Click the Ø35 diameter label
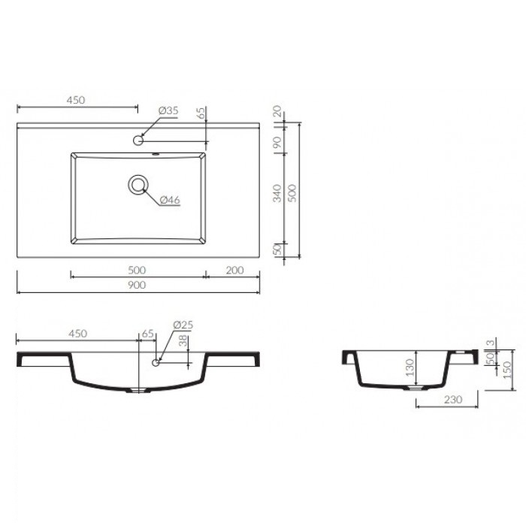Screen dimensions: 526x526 tap(168, 110)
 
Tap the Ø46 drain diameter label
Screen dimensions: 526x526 tap(170, 200)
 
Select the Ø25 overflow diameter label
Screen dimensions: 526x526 tap(183, 325)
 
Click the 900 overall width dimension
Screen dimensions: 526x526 tap(137, 285)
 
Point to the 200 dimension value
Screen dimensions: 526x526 tap(234, 270)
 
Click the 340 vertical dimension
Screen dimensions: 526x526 tap(277, 193)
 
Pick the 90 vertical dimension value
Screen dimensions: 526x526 tap(277, 142)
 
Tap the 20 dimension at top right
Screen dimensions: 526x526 tap(277, 111)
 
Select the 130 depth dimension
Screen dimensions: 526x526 tap(410, 367)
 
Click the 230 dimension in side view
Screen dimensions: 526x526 tap(453, 399)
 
